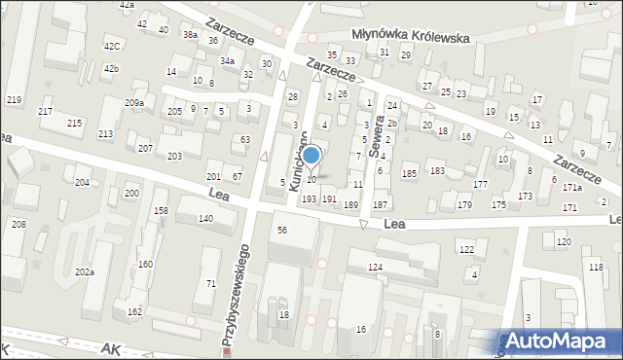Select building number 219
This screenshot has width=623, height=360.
tap(14, 100)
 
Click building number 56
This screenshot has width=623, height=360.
tap(282, 230)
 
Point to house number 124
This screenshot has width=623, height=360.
tap(375, 267)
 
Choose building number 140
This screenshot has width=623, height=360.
tap(205, 219)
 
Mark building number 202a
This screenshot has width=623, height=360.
tap(85, 272)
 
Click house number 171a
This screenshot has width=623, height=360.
tap(571, 187)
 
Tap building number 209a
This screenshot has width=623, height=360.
tap(134, 102)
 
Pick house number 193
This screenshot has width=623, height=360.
tap(309, 198)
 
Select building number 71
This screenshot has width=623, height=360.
tap(210, 283)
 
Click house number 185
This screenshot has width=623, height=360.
tap(410, 173)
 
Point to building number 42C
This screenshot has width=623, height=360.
tap(113, 46)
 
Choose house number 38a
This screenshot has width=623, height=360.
tap(190, 34)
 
